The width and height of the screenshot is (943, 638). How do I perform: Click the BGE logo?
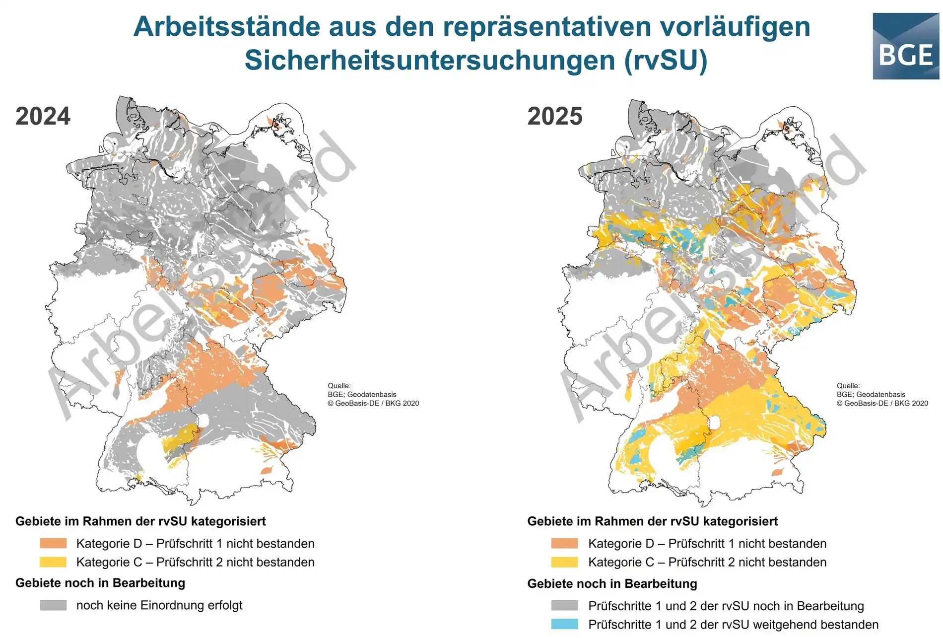tap(905, 46)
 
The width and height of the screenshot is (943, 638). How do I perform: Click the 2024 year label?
tap(43, 116)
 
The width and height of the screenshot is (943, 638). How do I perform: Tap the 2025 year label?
tap(555, 116)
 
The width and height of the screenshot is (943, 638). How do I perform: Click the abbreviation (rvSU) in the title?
tap(666, 60)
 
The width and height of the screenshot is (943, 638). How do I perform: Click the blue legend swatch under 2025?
tap(564, 624)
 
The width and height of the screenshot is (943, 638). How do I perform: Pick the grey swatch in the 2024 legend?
tap(53, 605)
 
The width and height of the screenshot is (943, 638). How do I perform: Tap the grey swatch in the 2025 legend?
tap(564, 606)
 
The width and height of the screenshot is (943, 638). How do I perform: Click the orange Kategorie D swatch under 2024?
tap(53, 543)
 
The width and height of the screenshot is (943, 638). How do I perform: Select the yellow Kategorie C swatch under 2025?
tap(564, 562)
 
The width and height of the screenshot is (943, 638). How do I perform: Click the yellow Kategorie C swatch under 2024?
tap(53, 562)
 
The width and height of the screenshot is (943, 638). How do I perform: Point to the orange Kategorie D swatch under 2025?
tap(564, 543)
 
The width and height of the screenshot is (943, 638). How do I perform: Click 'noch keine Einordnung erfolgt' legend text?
tap(159, 605)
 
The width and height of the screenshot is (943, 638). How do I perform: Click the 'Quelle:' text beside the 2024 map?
tap(339, 385)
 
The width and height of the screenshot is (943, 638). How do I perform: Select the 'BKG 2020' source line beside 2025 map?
tap(882, 403)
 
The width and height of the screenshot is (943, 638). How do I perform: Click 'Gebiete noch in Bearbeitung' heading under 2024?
tap(100, 583)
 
